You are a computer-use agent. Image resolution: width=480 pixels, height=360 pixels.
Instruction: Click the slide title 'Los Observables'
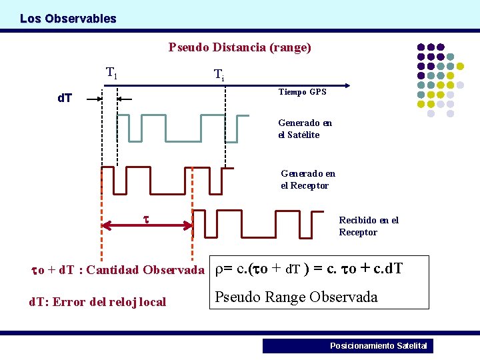[68, 19]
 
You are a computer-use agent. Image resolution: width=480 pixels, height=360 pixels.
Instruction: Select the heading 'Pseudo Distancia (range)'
[239, 47]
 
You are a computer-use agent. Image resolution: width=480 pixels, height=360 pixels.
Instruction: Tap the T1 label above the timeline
[112, 73]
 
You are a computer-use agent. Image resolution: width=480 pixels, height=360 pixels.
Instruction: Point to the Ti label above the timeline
[218, 74]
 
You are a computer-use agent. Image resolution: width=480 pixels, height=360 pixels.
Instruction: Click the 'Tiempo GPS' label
[302, 92]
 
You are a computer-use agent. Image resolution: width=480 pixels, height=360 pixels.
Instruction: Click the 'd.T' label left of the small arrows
[65, 99]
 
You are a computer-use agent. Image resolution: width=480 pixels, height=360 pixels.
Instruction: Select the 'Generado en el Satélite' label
[305, 129]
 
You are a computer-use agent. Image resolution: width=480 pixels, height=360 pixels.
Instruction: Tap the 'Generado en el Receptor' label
[308, 179]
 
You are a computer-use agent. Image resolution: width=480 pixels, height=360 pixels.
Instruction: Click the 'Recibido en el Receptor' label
[368, 226]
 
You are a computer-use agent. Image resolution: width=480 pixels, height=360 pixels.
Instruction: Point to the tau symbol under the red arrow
[147, 218]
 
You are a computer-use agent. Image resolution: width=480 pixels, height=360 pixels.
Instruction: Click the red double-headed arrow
[147, 226]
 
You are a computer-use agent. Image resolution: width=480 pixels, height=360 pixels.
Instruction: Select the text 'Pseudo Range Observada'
[296, 297]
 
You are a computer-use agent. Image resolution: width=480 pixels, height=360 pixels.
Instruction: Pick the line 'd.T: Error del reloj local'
[97, 301]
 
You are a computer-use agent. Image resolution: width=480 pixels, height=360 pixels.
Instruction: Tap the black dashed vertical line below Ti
[225, 127]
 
